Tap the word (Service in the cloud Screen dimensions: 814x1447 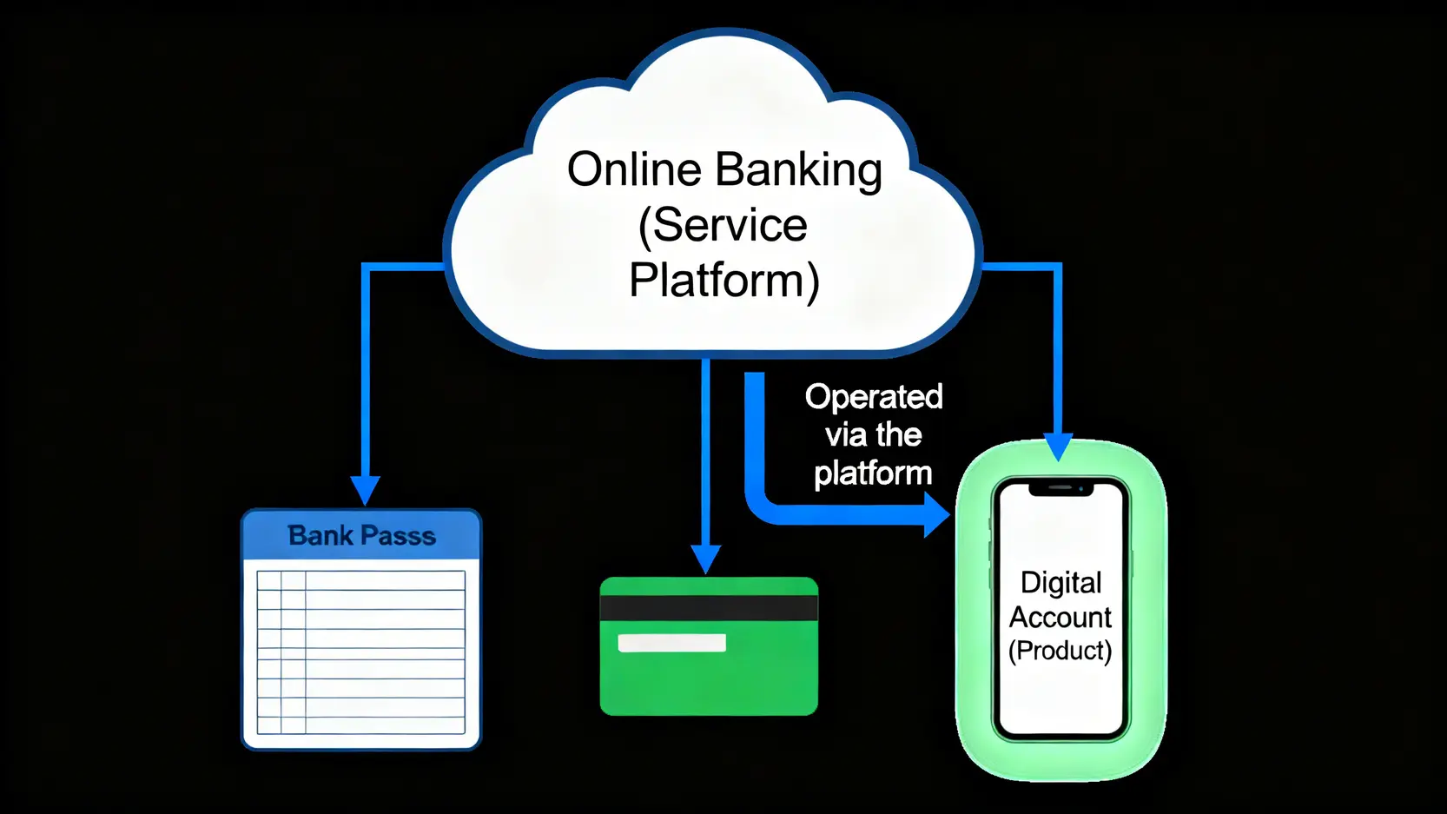click(x=723, y=225)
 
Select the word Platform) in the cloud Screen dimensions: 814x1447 click(x=723, y=281)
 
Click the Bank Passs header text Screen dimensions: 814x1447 click(x=361, y=535)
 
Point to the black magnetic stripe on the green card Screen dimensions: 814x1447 click(x=709, y=607)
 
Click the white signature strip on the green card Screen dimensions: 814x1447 click(x=671, y=643)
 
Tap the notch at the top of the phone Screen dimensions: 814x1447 click(x=1060, y=489)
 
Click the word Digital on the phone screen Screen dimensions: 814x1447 click(x=1060, y=582)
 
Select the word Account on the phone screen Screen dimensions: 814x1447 click(x=1060, y=617)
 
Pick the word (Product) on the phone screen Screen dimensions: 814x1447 click(x=1060, y=650)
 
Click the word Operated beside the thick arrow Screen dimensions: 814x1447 click(x=874, y=397)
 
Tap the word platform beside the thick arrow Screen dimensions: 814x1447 click(x=873, y=473)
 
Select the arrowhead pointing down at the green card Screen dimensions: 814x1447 click(x=706, y=559)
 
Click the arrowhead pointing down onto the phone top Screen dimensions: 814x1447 click(x=1058, y=447)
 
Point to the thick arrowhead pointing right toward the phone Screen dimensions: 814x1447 click(x=935, y=514)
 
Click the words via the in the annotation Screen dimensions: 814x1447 click(x=873, y=434)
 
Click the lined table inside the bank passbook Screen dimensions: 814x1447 click(x=360, y=652)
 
